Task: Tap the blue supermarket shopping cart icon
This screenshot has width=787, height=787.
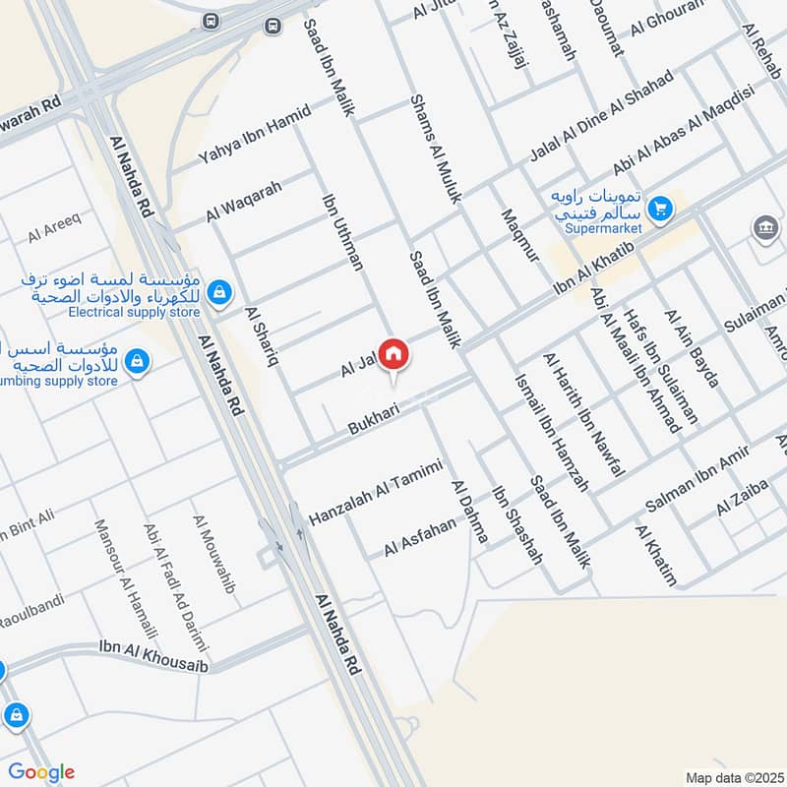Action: point(660,209)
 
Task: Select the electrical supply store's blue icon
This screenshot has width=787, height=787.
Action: point(220,291)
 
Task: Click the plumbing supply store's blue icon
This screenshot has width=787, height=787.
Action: point(139,361)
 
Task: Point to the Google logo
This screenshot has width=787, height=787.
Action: point(41,772)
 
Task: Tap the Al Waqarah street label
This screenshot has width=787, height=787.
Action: point(244,200)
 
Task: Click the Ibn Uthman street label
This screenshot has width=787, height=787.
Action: point(343,231)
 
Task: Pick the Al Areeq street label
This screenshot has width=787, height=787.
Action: point(47,231)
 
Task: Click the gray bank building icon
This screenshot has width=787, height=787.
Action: point(765,227)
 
